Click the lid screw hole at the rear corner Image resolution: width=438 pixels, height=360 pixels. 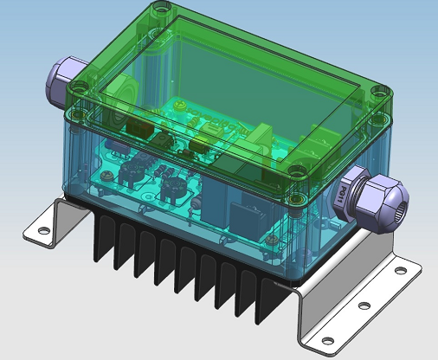click(x=158, y=13)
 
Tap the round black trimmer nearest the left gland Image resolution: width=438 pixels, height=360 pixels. click(x=133, y=170)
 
